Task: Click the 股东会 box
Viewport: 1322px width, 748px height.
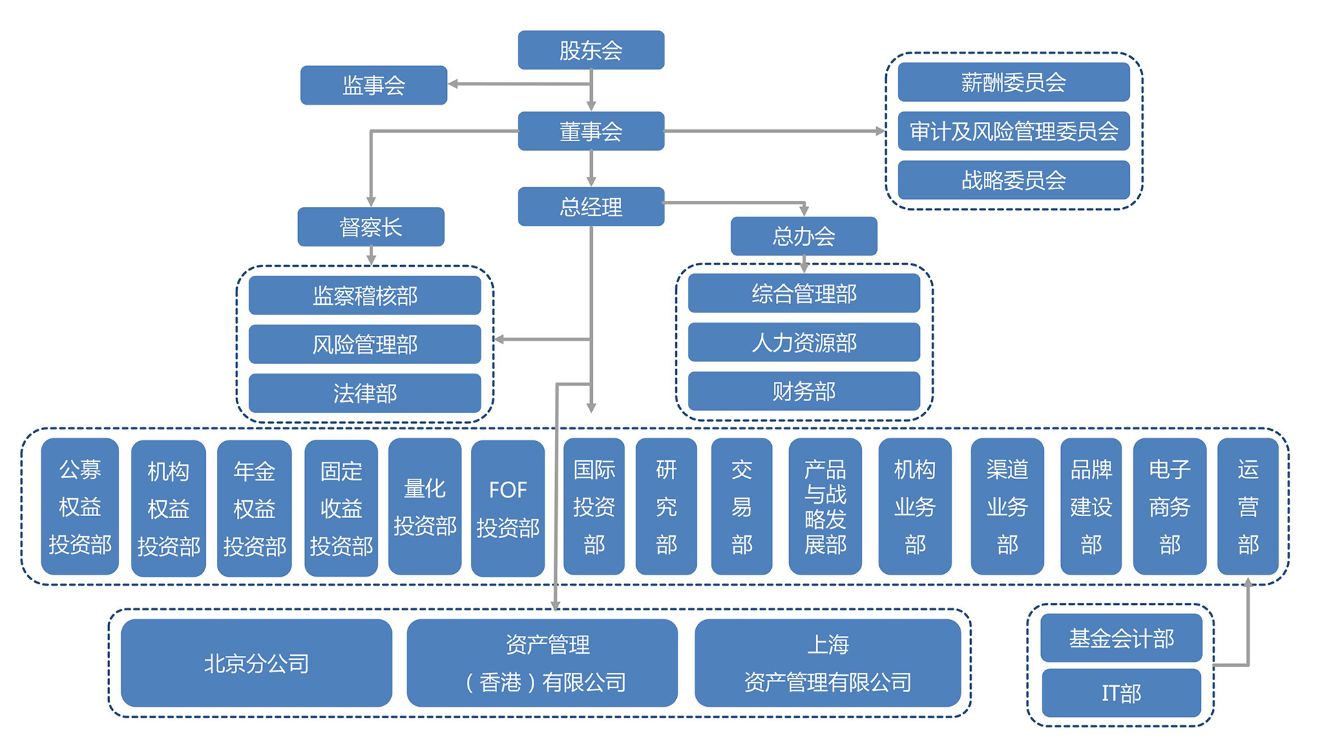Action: click(591, 50)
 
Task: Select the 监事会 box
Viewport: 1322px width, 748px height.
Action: click(373, 85)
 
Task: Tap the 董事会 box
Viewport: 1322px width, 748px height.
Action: click(591, 131)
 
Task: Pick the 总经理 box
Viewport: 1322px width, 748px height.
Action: click(591, 206)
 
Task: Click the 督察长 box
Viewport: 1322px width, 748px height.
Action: click(370, 227)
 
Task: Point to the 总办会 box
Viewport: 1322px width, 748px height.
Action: click(804, 236)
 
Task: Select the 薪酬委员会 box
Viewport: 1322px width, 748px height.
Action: click(1013, 83)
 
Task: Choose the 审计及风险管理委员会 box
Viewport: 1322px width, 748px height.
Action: click(1013, 131)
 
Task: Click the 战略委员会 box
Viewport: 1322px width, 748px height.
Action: click(1013, 180)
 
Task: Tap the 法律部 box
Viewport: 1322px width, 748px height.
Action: click(364, 393)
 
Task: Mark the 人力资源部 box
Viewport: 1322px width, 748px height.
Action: click(804, 342)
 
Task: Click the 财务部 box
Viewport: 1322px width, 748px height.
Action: click(804, 391)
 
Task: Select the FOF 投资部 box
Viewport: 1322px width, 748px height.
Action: click(507, 508)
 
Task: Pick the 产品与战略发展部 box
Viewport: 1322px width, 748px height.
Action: click(825, 506)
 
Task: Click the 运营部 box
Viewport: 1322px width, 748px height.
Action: click(1248, 506)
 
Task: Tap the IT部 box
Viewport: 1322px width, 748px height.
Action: click(1121, 693)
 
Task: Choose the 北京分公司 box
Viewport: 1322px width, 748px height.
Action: click(256, 663)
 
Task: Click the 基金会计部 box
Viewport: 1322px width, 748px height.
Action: click(1121, 638)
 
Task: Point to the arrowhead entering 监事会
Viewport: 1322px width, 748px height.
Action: click(453, 84)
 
